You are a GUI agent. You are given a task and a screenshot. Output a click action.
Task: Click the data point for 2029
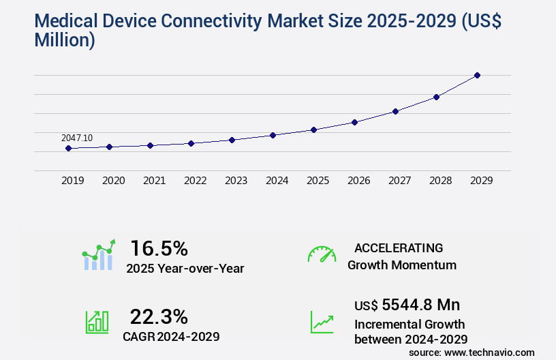click(x=477, y=75)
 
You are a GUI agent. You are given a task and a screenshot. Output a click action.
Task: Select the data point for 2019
click(x=69, y=148)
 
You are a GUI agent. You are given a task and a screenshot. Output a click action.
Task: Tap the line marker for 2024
click(x=273, y=135)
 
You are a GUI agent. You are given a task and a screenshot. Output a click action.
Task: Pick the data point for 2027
click(x=395, y=111)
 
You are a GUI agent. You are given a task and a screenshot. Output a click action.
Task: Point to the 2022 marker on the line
click(x=191, y=143)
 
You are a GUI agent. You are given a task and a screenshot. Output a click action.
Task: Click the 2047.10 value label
click(x=77, y=138)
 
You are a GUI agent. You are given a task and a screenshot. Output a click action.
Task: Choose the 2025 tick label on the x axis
click(x=318, y=181)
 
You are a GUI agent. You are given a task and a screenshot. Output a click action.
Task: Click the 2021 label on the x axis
click(x=155, y=181)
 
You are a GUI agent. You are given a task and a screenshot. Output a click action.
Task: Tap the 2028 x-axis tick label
click(x=441, y=181)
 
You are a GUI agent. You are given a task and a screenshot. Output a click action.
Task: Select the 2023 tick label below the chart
click(x=236, y=181)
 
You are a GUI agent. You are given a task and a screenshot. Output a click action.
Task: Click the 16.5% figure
click(x=159, y=248)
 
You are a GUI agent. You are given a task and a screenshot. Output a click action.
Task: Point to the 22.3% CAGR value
click(x=159, y=316)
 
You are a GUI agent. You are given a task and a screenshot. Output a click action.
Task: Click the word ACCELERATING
click(x=399, y=248)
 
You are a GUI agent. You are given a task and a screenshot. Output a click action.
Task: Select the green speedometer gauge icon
click(x=322, y=254)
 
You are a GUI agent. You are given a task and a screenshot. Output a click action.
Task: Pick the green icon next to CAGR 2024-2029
click(x=97, y=322)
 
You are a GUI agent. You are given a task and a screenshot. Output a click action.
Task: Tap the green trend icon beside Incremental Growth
click(x=322, y=322)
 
